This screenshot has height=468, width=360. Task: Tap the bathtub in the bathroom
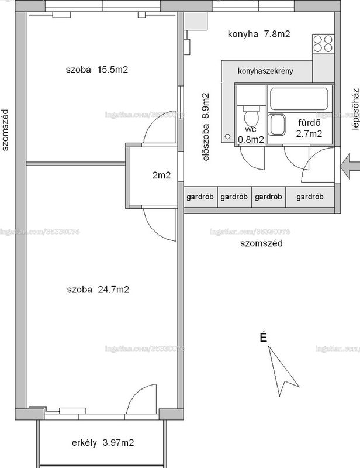(x=299, y=98)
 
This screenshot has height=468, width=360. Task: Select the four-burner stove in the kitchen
(x=323, y=44)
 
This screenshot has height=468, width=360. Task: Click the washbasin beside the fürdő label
(x=278, y=125)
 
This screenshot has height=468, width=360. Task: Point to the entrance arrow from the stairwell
(x=350, y=167)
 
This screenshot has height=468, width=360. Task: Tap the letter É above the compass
(x=263, y=337)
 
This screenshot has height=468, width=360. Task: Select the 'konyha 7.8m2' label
(x=258, y=34)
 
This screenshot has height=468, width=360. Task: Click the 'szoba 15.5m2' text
(x=97, y=70)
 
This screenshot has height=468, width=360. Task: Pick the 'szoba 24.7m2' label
(x=98, y=290)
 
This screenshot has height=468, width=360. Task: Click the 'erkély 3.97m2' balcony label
(x=103, y=443)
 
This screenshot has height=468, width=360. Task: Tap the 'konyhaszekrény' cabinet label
(x=265, y=71)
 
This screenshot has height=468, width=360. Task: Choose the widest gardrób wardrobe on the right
(x=310, y=197)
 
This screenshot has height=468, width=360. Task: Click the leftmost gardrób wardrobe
(x=200, y=197)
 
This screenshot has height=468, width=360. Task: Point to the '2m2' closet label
(x=161, y=175)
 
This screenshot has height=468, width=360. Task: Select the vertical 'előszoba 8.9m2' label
(x=206, y=127)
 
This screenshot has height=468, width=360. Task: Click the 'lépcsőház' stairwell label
(x=355, y=109)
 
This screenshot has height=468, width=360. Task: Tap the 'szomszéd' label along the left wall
(x=5, y=130)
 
